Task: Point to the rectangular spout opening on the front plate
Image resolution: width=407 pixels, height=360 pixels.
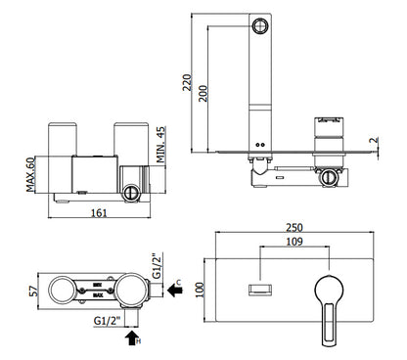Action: coord(261,286)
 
